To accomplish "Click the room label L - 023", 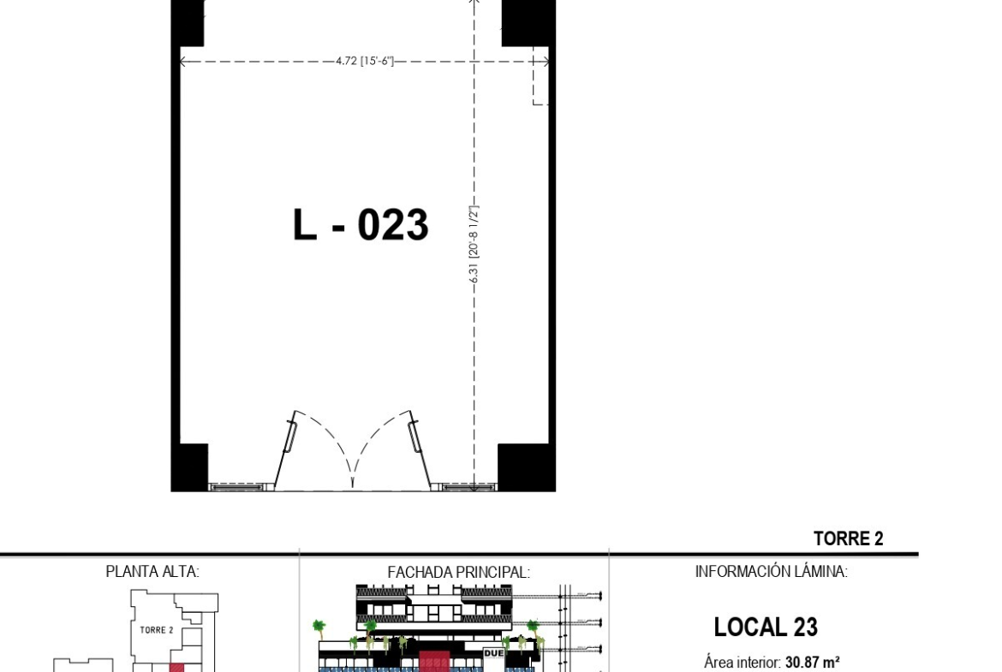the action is pos(361,224).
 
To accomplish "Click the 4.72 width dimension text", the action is pos(365,62).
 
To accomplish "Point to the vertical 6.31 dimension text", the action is pos(474,244).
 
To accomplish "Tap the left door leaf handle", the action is pos(291,437).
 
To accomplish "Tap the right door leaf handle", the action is pos(415,437).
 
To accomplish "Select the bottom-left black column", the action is pos(190,467).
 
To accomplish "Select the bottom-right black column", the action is pos(527,467).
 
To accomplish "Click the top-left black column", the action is pos(188,23).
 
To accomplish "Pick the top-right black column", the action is pos(528,23).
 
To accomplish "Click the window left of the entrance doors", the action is pos(236,487).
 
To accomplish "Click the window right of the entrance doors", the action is pos(469,487).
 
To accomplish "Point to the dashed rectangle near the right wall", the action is pos(540,82).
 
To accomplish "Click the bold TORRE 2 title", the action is pos(848,538).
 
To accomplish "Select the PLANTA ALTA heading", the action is pos(152,572).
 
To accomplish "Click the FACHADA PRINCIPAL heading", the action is pos(458,573).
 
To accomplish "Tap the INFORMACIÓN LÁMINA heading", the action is pos(772,571).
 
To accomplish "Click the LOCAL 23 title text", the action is pos(766,627).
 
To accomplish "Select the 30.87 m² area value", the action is pos(812,663).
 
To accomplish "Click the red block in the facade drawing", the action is pos(434,662).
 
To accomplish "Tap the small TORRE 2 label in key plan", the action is pos(157,630).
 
